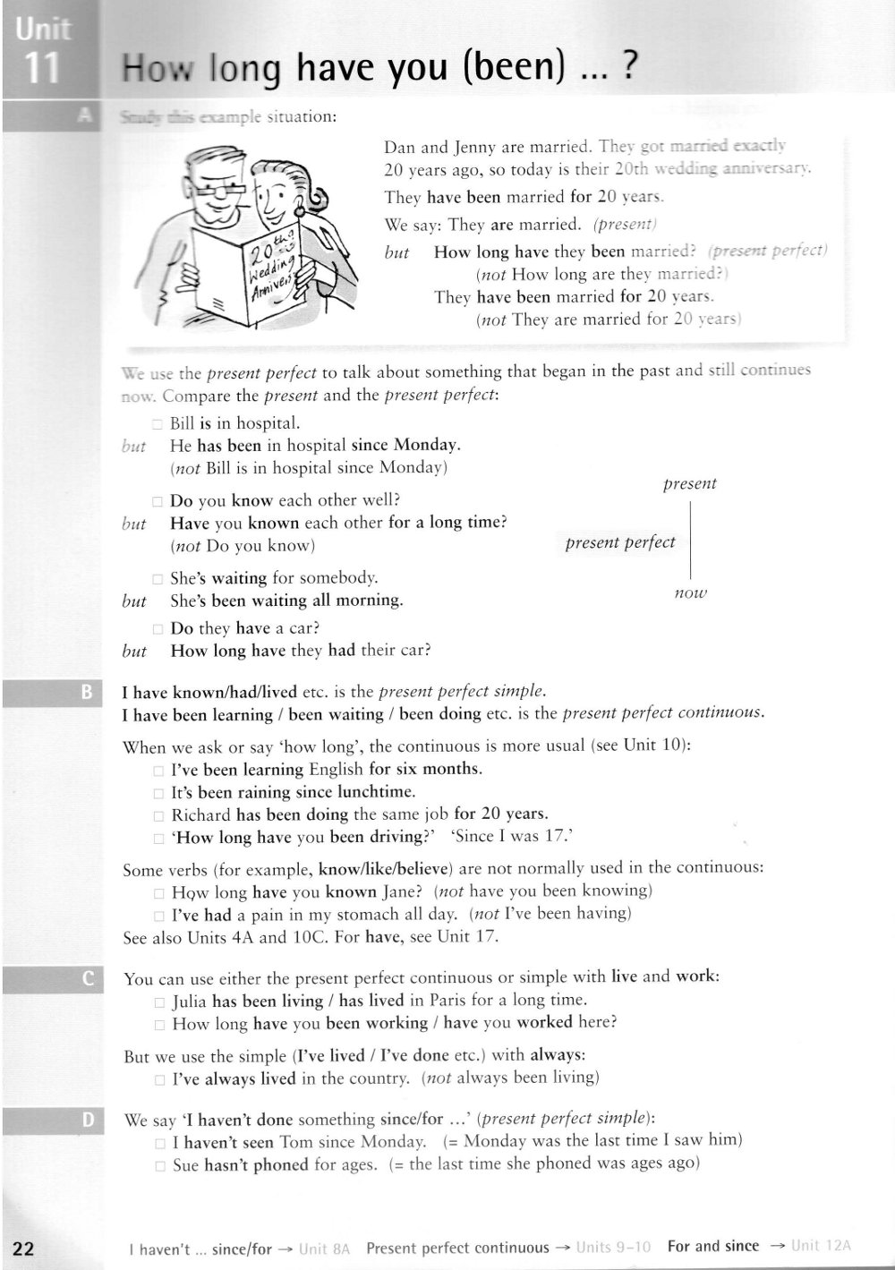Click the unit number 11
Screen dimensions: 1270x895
(38, 69)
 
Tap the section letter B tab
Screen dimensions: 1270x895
(87, 691)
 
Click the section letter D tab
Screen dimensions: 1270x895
(87, 1119)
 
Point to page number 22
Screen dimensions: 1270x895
(23, 1249)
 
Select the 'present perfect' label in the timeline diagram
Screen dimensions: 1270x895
(620, 542)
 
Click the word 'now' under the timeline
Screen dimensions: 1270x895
(690, 592)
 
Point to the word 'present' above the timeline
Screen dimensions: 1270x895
(689, 483)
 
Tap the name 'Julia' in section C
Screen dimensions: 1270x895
(189, 1001)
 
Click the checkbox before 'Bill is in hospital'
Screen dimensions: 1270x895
(157, 425)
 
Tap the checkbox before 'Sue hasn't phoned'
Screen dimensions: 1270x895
(158, 1165)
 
